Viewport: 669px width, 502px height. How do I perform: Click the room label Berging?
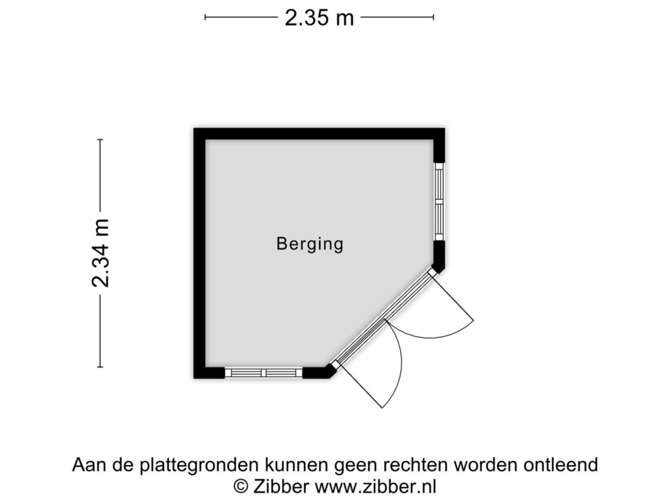(310, 244)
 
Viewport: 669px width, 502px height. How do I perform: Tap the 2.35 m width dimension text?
(319, 18)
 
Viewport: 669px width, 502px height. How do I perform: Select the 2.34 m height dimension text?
(101, 253)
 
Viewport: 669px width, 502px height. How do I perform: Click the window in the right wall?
(439, 201)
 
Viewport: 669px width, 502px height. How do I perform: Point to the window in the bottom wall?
(264, 373)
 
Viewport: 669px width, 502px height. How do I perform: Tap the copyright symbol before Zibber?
(241, 486)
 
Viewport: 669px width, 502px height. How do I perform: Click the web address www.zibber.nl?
(376, 486)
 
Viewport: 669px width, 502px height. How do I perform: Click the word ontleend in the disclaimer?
(561, 465)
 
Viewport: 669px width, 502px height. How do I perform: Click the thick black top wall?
(319, 134)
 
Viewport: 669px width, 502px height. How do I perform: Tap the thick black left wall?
(200, 253)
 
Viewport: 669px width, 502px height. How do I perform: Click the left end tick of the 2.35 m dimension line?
(205, 18)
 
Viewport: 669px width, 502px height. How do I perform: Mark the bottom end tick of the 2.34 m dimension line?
(100, 367)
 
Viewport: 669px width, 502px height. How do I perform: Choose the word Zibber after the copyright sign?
(281, 486)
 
